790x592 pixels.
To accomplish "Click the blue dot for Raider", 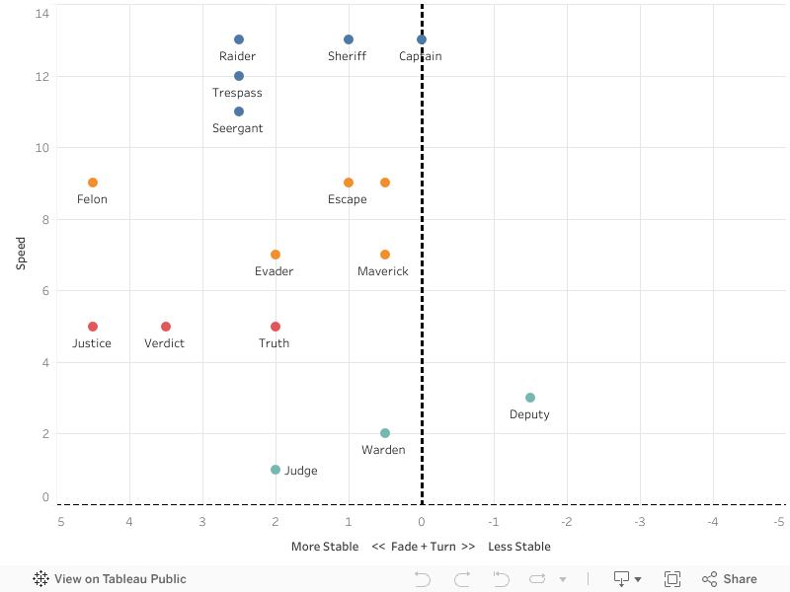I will pos(239,39).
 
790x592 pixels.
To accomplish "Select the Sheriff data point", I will pos(349,39).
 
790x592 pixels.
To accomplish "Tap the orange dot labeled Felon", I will pos(93,183).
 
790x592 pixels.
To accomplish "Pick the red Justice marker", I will pos(93,327).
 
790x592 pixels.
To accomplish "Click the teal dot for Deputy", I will pos(530,398).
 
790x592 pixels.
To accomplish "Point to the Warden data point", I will pos(385,433).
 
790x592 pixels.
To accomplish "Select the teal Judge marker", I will pos(276,470).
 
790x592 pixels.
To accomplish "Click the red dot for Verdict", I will pos(166,327).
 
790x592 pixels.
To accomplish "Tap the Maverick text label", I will pos(383,271).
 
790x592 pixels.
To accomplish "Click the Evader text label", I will pos(274,271).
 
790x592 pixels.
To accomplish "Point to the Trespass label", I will pos(237,93).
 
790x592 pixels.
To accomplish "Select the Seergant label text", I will pos(237,128).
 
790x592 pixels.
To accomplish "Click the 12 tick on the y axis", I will pos(42,77).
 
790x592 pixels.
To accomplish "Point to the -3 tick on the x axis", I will pos(640,521).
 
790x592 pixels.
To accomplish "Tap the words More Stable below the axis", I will pos(325,547).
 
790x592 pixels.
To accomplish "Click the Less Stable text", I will pos(519,547).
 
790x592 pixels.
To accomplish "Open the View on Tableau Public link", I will pos(110,579).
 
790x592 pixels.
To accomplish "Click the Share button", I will pos(730,579).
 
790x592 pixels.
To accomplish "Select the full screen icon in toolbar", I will pos(672,579).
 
